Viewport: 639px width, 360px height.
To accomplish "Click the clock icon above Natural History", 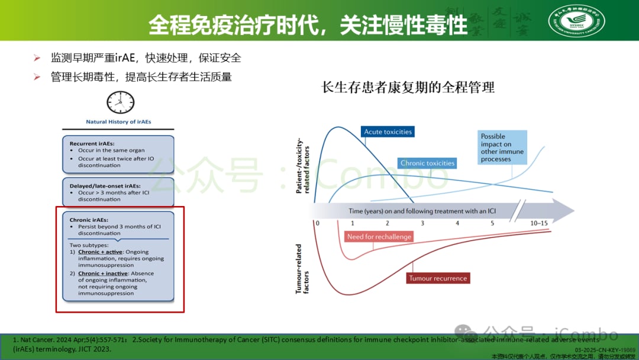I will click(120, 102).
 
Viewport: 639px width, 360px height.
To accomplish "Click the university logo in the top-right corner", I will click(576, 21).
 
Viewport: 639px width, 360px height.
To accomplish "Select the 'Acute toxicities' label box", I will click(388, 131).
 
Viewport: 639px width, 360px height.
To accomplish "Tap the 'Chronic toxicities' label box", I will click(427, 163).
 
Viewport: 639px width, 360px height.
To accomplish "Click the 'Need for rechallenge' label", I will click(379, 237).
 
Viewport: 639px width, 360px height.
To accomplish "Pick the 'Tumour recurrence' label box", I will click(438, 278).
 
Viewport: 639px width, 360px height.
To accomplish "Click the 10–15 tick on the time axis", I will click(539, 223).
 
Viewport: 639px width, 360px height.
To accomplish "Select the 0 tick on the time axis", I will click(317, 223).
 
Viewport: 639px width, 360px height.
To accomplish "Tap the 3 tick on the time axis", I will click(422, 223).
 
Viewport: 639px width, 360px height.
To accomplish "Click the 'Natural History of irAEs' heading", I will click(118, 122).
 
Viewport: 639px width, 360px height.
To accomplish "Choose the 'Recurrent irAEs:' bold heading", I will click(92, 143).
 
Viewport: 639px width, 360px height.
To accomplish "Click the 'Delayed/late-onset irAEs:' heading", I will click(105, 186).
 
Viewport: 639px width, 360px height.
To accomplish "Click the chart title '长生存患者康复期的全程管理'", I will click(408, 88).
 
